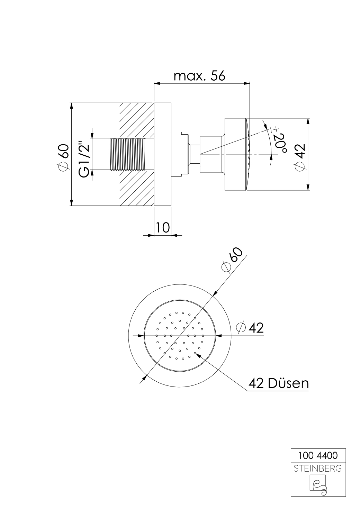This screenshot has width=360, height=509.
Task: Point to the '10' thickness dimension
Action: tap(162, 227)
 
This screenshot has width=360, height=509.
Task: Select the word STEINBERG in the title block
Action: tap(317, 469)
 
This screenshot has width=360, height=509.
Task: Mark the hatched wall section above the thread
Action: tap(137, 119)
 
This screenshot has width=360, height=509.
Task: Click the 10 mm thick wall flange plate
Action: tap(162, 154)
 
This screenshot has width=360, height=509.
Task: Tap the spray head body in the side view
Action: tap(235, 154)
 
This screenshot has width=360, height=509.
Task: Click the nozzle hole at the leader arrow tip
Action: tap(195, 353)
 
